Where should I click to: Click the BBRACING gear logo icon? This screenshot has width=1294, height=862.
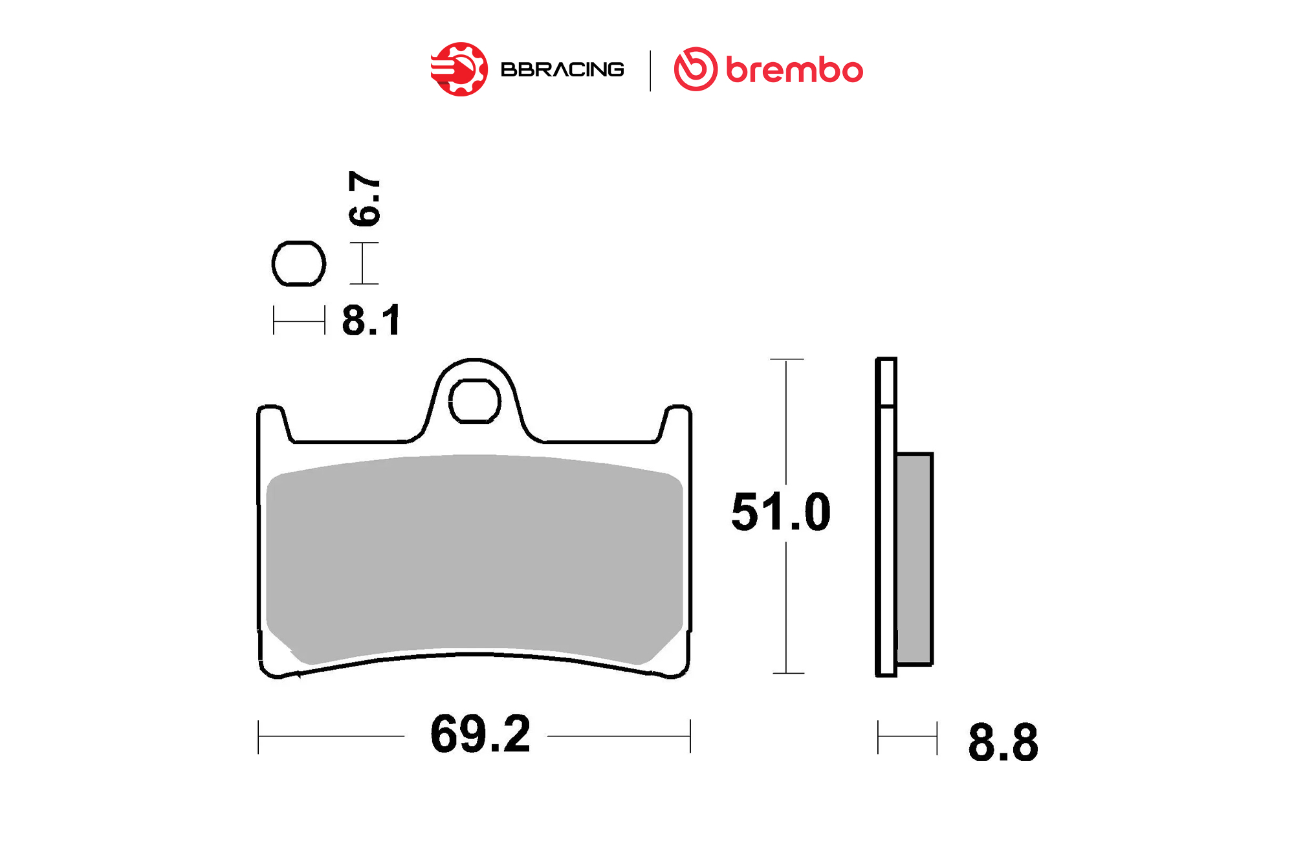click(459, 69)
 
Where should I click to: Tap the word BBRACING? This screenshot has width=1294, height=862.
click(562, 69)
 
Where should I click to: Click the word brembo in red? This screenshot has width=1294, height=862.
click(795, 70)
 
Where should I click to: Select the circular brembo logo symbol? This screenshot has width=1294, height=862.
click(696, 69)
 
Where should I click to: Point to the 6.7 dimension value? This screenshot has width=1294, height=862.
click(364, 199)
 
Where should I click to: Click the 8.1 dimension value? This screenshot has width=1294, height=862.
click(371, 320)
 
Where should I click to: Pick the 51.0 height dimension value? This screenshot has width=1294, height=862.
click(781, 512)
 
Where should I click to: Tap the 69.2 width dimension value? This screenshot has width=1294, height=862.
click(480, 734)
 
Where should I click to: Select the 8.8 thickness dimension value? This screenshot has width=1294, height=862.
click(1003, 742)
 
